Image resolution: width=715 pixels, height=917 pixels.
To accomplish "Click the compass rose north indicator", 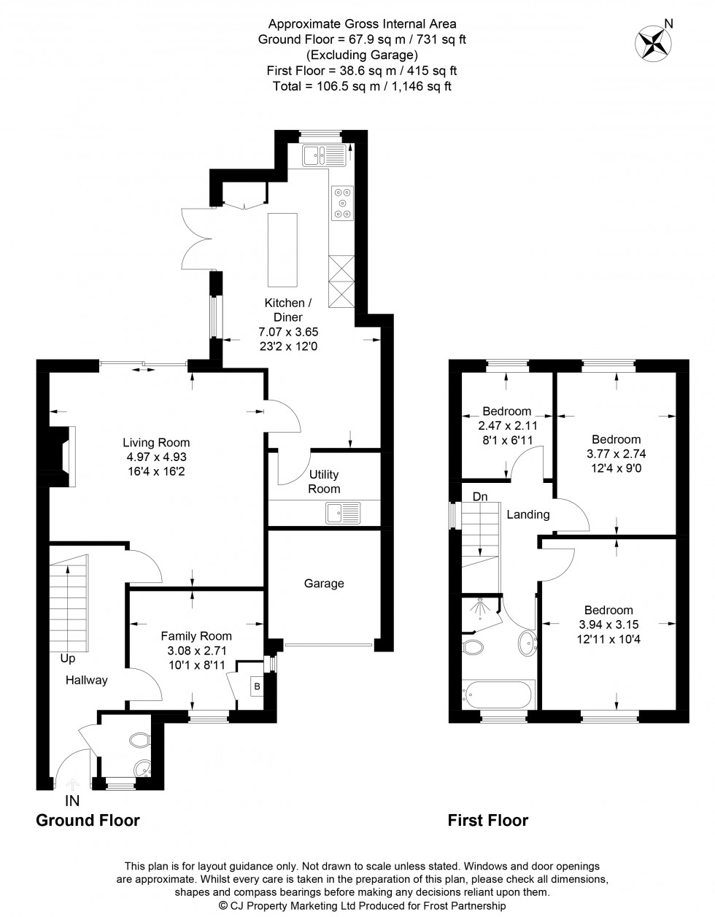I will pos(655,41).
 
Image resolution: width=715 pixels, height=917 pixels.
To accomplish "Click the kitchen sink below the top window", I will pos(324,155).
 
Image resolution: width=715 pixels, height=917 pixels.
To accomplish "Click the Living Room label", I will pos(156,442).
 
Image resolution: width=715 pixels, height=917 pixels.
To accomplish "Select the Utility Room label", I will pos(323,481).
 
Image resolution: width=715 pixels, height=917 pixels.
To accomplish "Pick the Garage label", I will pos(324,584).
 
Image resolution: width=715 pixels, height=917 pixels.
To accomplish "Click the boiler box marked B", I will pos(256,686).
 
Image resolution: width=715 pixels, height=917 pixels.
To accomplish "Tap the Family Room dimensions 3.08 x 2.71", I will pos(196,650).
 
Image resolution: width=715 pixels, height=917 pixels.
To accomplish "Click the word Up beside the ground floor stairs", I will pos(68,658).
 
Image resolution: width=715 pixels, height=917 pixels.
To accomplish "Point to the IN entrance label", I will pos(72,801).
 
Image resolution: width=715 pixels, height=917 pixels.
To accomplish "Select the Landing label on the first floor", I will pos(527,514).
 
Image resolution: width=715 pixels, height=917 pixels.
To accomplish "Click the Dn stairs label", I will pos(479,497).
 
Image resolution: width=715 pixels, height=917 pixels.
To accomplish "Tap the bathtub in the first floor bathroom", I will pos(499,694).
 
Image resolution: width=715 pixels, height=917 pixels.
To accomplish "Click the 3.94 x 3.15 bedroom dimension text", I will pos(608,624).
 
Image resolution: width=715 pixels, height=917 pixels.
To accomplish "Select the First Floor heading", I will pos(487,820).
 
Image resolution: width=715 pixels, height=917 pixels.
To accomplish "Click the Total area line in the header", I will pos(362,86).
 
